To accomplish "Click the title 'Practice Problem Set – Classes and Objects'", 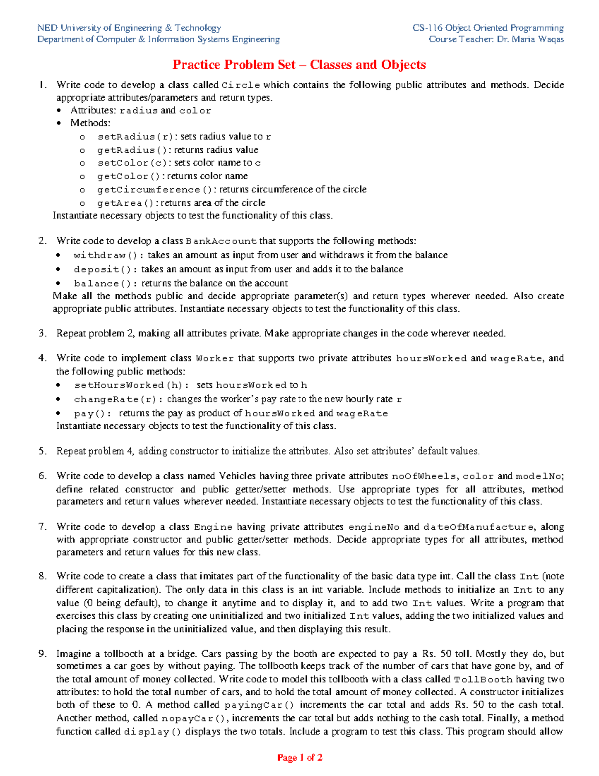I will pyautogui.click(x=299, y=65).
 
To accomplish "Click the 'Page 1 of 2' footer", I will pyautogui.click(x=299, y=758).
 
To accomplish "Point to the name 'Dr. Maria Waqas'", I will pyautogui.click(x=530, y=39).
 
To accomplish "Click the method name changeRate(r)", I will pyautogui.click(x=118, y=399).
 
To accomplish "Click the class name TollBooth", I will pyautogui.click(x=483, y=680).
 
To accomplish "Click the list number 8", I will pyautogui.click(x=42, y=576).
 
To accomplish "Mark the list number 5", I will pyautogui.click(x=42, y=451).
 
